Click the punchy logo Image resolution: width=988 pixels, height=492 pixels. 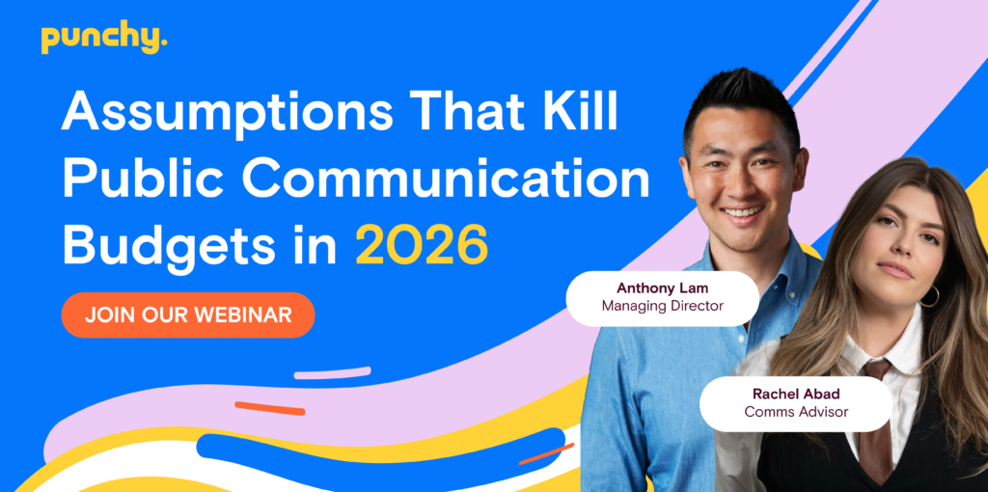103,39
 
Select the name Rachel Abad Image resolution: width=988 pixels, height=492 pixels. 796,394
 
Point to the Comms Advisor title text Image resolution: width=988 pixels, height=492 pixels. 796,412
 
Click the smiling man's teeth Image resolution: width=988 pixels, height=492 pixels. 742,211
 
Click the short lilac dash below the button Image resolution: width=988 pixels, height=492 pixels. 332,373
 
